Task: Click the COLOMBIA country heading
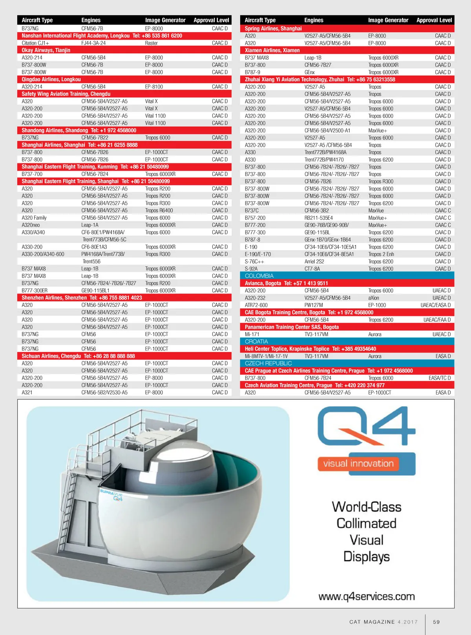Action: pos(259,276)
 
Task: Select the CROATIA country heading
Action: pos(256,341)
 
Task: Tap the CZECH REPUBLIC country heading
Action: pos(268,363)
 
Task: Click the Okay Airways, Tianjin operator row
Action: pos(46,50)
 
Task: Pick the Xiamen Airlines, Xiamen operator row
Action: pos(272,50)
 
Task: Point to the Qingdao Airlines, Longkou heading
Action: pos(51,79)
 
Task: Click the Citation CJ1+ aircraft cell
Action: pos(35,43)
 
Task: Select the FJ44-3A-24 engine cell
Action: pos(93,43)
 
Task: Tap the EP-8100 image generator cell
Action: pos(154,87)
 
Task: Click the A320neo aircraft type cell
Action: pos(31,225)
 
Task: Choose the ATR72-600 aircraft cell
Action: pos(256,305)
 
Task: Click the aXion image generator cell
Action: pos(374,298)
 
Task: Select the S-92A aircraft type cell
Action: pos(251,269)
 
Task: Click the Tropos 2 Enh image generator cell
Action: pos(381,254)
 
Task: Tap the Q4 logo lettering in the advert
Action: pos(366,426)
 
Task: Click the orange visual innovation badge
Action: pos(358,464)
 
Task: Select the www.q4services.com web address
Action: pos(367,596)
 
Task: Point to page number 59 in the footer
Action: pos(436,622)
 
